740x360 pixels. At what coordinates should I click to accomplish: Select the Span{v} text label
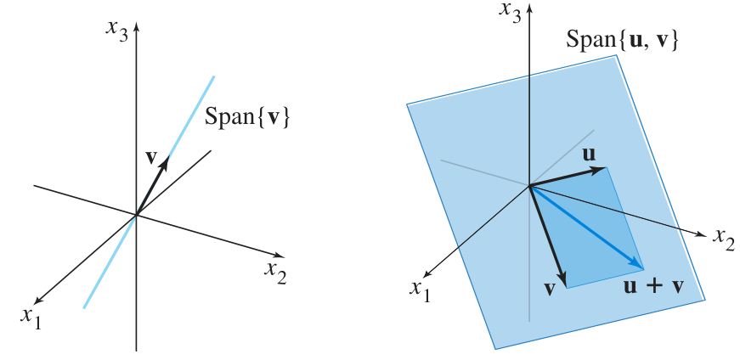click(x=249, y=116)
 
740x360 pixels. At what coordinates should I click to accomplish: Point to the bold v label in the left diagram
click(x=151, y=157)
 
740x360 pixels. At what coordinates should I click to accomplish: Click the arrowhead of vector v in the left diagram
click(x=166, y=160)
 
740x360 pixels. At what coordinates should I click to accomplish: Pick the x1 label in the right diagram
click(x=420, y=289)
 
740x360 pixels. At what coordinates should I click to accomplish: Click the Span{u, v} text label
click(x=622, y=40)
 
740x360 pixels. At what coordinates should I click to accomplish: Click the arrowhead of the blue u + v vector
click(x=640, y=266)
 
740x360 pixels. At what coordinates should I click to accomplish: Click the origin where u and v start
click(x=529, y=185)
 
